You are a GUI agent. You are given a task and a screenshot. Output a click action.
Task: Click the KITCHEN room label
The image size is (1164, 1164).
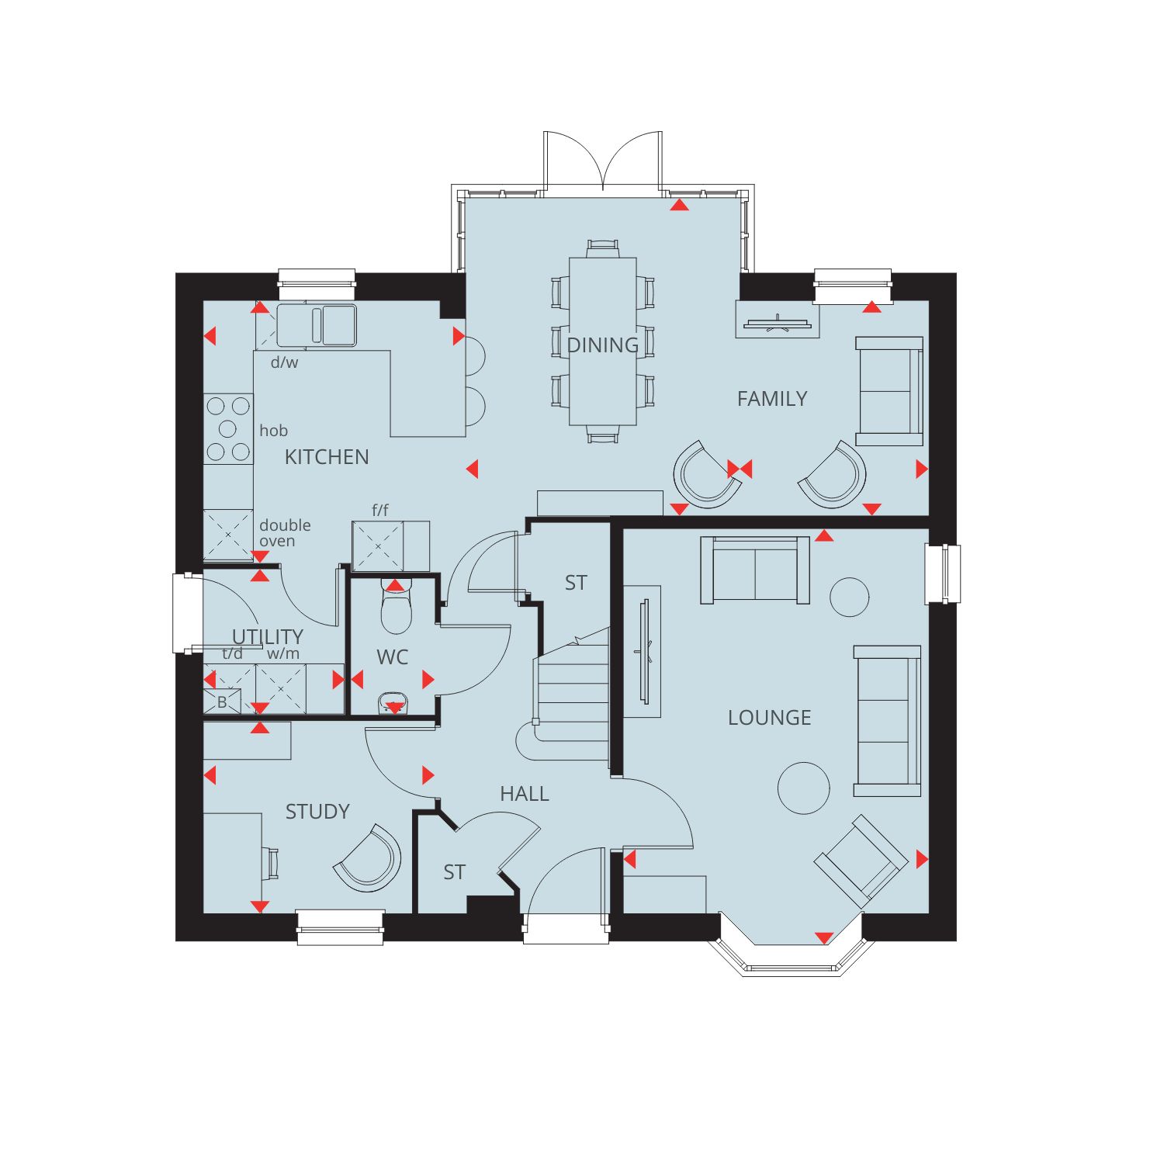coord(327,457)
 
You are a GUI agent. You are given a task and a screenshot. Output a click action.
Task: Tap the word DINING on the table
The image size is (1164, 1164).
coord(603,345)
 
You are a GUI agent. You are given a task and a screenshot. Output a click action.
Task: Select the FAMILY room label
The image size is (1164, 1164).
coord(772,399)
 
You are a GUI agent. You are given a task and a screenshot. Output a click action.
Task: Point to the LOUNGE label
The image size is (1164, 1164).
coord(769,718)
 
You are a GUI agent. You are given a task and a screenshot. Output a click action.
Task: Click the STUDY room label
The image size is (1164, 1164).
coord(317,812)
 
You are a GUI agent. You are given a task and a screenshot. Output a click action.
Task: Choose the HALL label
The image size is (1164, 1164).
coord(525,794)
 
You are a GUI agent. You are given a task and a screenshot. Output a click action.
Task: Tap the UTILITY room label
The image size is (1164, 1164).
coord(268,637)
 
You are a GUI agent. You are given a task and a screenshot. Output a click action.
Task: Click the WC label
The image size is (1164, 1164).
coord(392,657)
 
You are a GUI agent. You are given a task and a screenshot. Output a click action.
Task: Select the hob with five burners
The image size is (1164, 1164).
coord(228,429)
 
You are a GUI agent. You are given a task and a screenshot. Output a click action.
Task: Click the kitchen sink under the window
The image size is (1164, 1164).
coord(317,325)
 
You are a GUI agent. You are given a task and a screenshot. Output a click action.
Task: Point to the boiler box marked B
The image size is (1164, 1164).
coord(222,702)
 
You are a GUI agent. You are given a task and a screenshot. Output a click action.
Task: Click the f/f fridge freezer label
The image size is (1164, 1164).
coord(380,510)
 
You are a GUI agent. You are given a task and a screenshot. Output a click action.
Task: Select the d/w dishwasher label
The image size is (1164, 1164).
coord(284,362)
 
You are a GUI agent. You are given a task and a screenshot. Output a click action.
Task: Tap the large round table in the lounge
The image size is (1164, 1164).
coord(804,788)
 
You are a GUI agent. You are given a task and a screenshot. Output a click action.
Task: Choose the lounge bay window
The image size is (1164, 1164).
coord(792,955)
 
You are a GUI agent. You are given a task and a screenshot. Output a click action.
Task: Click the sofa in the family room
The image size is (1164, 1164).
coord(889,391)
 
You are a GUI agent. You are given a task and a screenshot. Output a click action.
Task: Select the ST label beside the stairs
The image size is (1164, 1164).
coord(576,583)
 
